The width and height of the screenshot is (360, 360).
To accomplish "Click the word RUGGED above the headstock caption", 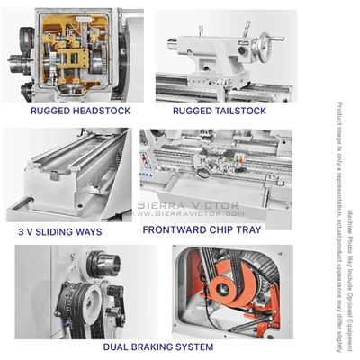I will click(49, 111).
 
